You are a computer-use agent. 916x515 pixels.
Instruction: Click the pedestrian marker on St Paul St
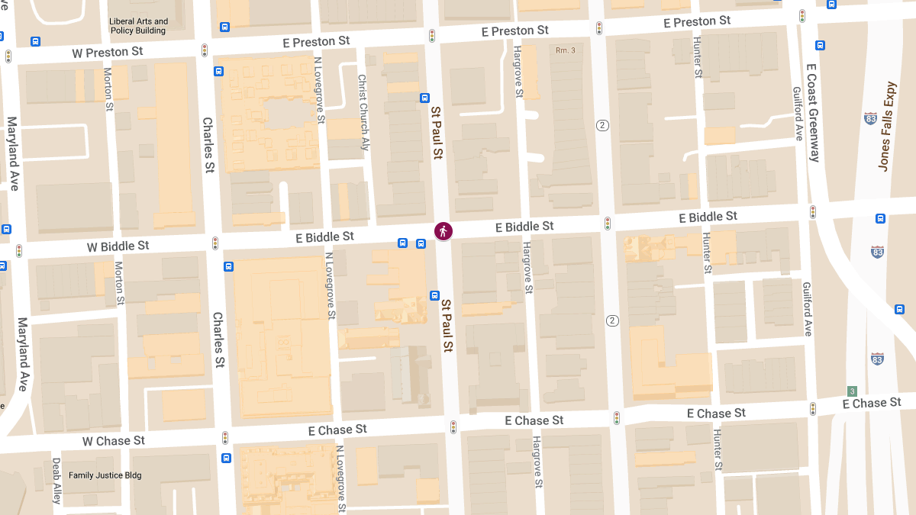point(443,231)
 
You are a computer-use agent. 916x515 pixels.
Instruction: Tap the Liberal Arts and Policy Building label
point(138,26)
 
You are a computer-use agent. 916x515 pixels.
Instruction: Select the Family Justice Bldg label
point(105,475)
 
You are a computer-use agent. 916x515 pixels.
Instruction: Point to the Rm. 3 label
point(565,50)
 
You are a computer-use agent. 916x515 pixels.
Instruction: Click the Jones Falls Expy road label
point(885,127)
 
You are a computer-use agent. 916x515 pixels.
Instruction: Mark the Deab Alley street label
point(56,481)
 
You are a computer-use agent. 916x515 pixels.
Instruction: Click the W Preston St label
point(108,53)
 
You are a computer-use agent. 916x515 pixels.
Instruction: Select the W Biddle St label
point(118,246)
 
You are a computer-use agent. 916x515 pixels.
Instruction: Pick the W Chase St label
point(114,441)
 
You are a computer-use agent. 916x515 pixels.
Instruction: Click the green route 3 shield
point(852,391)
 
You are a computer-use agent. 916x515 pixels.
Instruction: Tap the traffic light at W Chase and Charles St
point(225,438)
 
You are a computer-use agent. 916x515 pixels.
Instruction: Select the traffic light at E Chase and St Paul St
point(453,427)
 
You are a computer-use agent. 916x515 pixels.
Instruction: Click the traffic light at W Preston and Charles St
point(205,50)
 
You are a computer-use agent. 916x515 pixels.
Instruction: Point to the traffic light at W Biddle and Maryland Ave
point(19,250)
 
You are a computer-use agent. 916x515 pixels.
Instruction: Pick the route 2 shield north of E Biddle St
point(602,125)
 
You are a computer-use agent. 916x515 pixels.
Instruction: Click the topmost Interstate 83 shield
point(871,118)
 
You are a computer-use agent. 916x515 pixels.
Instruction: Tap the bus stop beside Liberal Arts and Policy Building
point(224,27)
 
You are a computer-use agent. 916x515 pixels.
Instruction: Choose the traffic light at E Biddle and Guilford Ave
point(813,212)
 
